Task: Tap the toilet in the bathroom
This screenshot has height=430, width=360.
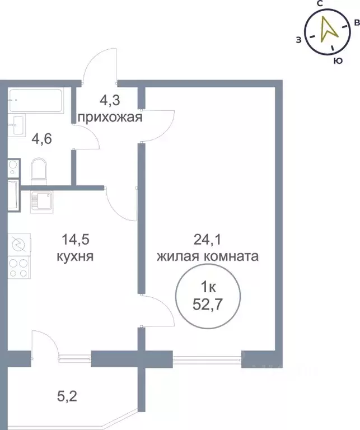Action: pos(39,170)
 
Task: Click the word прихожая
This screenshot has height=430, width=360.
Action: pos(110,118)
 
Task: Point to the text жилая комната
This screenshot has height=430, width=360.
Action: pos(207,257)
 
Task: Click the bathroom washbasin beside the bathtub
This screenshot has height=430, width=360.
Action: pos(16,124)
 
